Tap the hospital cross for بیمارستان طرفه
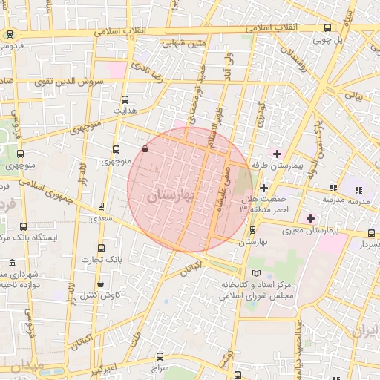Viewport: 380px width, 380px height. pyautogui.click(x=277, y=154)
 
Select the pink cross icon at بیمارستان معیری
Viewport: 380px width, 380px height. pyautogui.click(x=310, y=218)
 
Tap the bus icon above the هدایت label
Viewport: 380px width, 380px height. pyautogui.click(x=124, y=99)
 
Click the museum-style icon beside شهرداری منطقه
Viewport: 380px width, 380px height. pyautogui.click(x=11, y=263)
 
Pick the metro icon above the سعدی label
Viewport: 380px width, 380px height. pyautogui.click(x=100, y=208)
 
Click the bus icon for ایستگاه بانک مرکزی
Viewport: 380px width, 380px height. pyautogui.click(x=24, y=226)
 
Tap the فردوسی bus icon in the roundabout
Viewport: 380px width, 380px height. pyautogui.click(x=10, y=34)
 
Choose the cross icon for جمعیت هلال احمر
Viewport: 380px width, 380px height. pyautogui.click(x=263, y=188)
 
